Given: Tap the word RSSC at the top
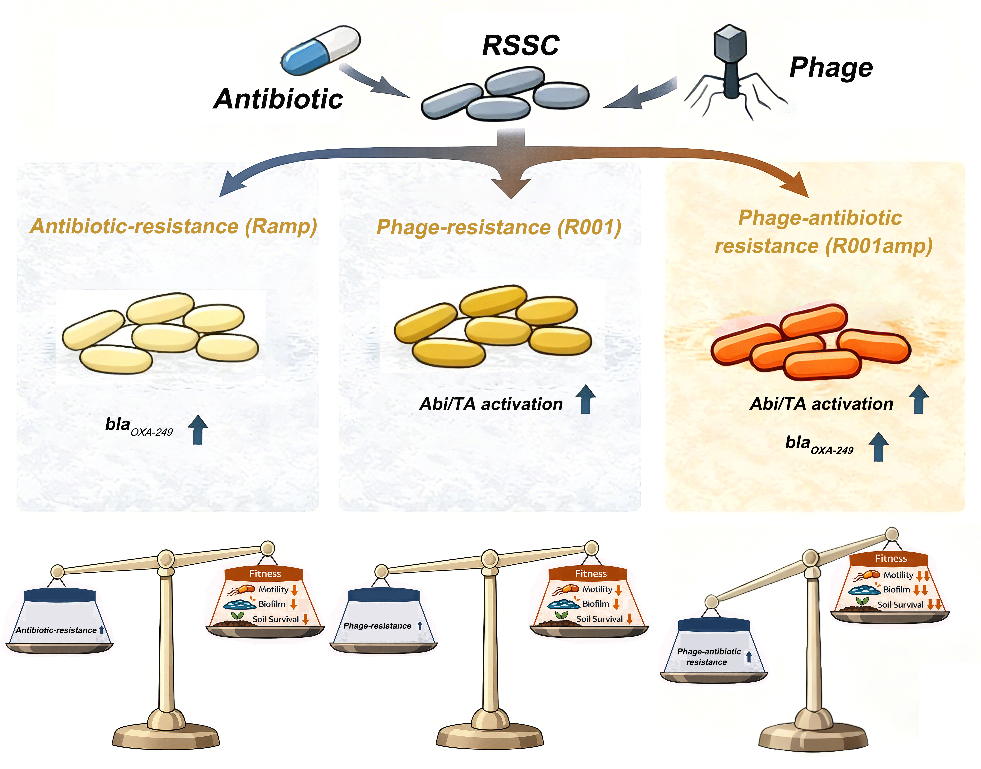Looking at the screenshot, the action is (x=521, y=45).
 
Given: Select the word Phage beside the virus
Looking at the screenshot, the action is (x=831, y=67).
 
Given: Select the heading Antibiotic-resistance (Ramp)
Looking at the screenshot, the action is (x=173, y=226).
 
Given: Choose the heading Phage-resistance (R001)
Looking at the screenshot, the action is (x=499, y=227).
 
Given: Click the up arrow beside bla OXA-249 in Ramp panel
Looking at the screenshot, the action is (x=198, y=430).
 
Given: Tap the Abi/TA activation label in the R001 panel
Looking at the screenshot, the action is (x=491, y=404).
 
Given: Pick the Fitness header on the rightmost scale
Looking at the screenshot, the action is (x=891, y=558).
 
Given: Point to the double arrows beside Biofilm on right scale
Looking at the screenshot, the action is (x=921, y=590).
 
